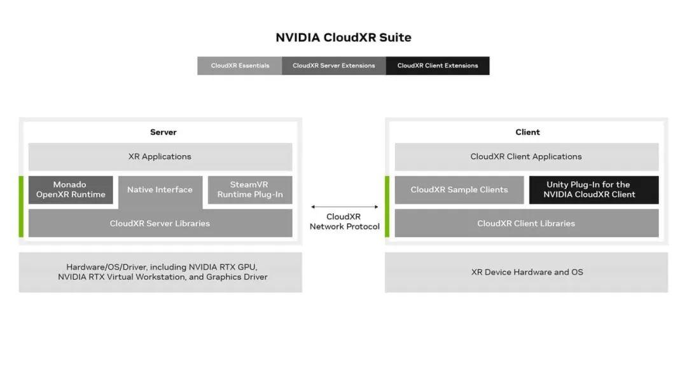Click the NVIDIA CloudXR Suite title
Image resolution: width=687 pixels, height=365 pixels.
[x=343, y=38]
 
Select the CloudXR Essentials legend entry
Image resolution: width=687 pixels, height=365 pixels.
[x=240, y=65]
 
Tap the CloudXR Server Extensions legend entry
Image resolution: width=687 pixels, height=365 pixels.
[x=333, y=65]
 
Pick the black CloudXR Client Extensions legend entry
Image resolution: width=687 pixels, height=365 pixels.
[x=438, y=65]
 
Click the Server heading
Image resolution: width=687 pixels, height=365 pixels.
[x=163, y=132]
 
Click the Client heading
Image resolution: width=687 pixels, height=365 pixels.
[x=527, y=132]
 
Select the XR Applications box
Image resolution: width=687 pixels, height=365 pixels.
[x=160, y=156]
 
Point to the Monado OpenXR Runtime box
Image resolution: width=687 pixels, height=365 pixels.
[x=71, y=189]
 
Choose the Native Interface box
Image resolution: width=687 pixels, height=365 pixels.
[x=160, y=189]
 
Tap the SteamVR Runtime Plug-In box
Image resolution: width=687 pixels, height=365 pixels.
[x=250, y=189]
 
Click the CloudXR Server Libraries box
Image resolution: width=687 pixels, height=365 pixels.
[x=160, y=223]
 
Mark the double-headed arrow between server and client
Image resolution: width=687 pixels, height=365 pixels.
[x=344, y=207]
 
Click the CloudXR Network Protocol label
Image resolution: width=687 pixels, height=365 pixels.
[x=344, y=222]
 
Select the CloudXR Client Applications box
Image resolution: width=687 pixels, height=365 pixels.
[x=526, y=156]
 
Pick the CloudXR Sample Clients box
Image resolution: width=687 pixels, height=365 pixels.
[x=459, y=189]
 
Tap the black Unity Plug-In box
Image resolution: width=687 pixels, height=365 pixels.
[x=593, y=189]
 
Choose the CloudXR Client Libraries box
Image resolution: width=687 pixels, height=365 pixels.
[x=526, y=223]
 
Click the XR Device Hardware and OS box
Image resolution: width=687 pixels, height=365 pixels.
[x=526, y=272]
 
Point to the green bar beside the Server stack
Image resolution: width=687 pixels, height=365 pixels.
[x=21, y=207]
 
